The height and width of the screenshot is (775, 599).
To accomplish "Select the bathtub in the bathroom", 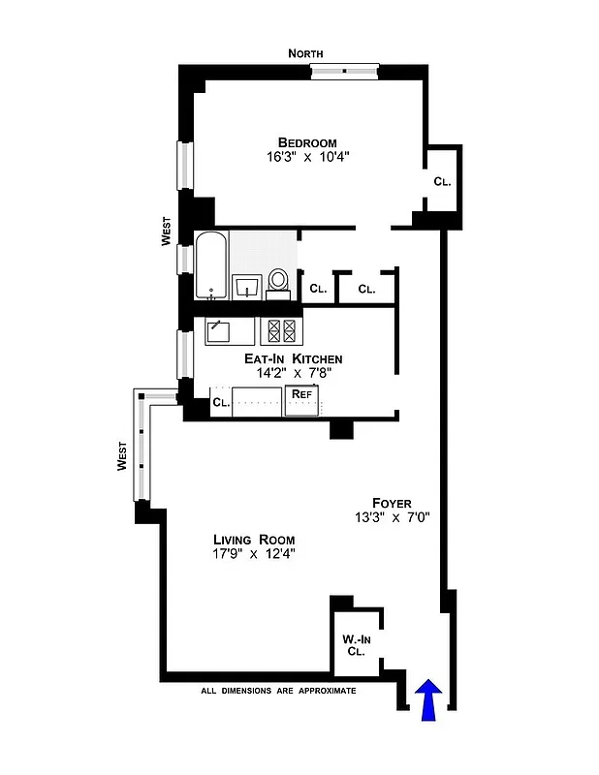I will [x=211, y=266].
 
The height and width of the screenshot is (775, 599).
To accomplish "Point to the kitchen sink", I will [x=217, y=332].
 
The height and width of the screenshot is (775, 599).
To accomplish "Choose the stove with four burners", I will [x=281, y=331].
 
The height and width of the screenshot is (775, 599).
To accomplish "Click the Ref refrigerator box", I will [x=301, y=397].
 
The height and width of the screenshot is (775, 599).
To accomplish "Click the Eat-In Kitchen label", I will [x=292, y=358].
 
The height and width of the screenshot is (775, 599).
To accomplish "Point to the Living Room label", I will [x=254, y=539].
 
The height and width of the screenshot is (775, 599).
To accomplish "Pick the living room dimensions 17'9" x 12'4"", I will [x=254, y=554].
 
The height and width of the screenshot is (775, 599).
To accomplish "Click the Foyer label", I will [x=391, y=503].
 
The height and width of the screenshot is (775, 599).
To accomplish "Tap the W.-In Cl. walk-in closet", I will [x=356, y=644].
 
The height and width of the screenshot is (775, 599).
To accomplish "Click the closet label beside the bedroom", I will [x=442, y=181].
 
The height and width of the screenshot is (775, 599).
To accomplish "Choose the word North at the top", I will [x=305, y=54].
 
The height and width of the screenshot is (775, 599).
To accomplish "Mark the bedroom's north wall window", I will [x=344, y=70].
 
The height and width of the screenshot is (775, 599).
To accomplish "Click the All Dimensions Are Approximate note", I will [x=278, y=691].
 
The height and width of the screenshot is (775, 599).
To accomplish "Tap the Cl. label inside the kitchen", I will [x=220, y=402].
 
